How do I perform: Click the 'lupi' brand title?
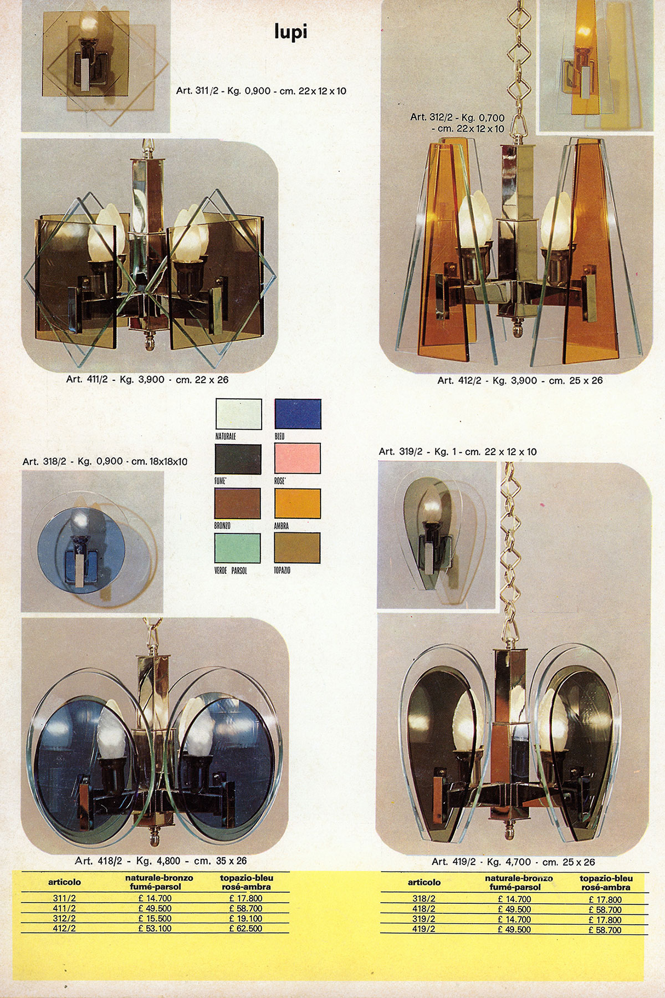point(290,32)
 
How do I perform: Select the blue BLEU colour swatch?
point(298,414)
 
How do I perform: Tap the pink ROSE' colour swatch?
point(298,458)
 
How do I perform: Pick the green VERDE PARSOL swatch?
point(237,547)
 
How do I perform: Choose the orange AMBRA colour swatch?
point(298,503)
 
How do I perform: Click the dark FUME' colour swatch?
point(237,459)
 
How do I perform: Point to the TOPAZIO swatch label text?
point(282,570)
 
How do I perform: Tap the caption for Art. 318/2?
point(105,461)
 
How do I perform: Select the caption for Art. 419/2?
point(513,862)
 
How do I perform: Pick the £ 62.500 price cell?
point(245,928)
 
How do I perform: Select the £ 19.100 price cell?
point(245,918)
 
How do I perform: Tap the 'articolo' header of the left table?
point(64,882)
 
